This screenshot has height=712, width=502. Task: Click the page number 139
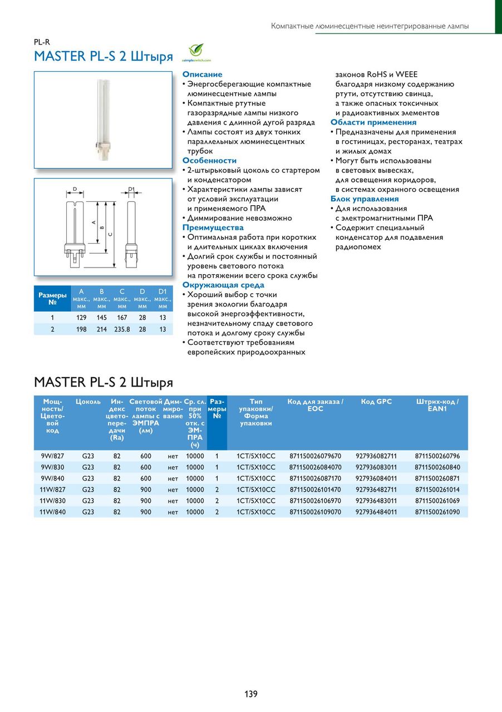250,694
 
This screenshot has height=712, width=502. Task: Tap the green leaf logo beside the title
196,51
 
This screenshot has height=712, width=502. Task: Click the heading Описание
202,75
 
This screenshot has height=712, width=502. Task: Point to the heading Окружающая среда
223,285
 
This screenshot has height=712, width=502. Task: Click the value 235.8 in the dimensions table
122,329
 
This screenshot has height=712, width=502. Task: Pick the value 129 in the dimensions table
81,318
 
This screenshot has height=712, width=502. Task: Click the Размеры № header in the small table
52,299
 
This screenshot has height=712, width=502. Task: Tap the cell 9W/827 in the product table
52,456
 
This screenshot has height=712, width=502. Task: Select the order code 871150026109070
315,512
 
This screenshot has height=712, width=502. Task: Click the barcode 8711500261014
437,489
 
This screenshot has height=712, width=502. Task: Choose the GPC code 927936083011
376,467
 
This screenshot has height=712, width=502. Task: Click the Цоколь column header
88,402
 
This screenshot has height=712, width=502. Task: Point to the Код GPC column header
376,402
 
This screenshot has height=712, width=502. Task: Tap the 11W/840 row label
52,512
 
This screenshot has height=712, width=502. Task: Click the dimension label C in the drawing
110,234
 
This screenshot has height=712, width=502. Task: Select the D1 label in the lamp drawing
131,190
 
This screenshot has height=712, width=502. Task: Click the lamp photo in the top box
104,120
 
